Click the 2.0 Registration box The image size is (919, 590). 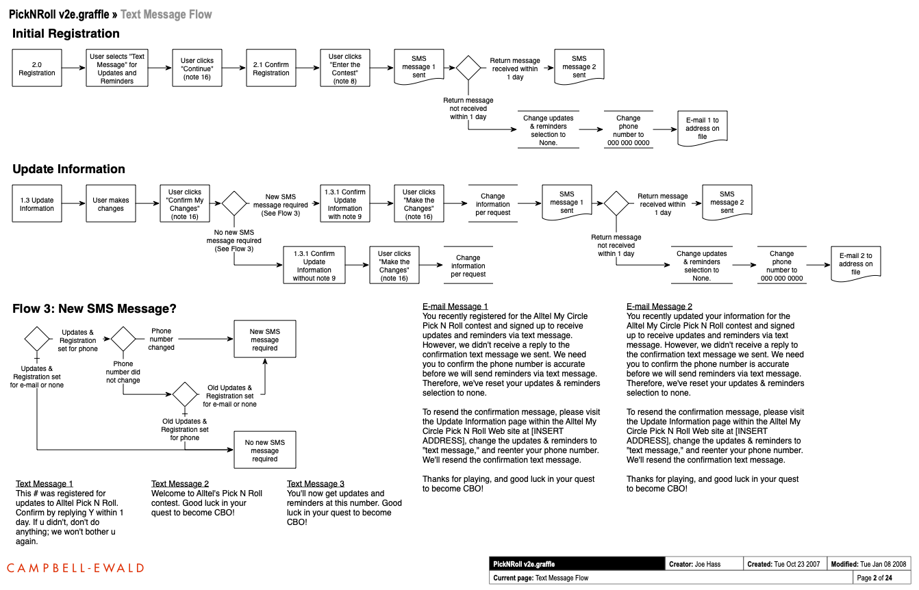(37, 68)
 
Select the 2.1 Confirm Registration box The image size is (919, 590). (271, 68)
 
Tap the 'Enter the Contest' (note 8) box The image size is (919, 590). (345, 68)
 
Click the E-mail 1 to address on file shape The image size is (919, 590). (702, 128)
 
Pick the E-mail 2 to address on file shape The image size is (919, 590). (855, 264)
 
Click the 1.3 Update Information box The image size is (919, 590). (37, 204)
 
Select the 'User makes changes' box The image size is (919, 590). (111, 204)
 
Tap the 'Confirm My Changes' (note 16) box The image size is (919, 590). (185, 204)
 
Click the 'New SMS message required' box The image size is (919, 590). (264, 339)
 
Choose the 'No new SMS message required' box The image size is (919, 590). (264, 450)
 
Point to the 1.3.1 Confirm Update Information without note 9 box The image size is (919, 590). (314, 266)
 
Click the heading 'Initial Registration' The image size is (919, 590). (66, 34)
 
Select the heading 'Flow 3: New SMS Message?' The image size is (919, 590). (95, 309)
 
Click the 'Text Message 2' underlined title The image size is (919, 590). (180, 484)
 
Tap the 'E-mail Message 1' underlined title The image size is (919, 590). (455, 307)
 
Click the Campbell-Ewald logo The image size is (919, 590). (75, 567)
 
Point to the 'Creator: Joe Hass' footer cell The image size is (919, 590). (705, 564)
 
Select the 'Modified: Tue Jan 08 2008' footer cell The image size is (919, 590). (868, 564)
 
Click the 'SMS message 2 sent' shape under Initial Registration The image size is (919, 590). (579, 66)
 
